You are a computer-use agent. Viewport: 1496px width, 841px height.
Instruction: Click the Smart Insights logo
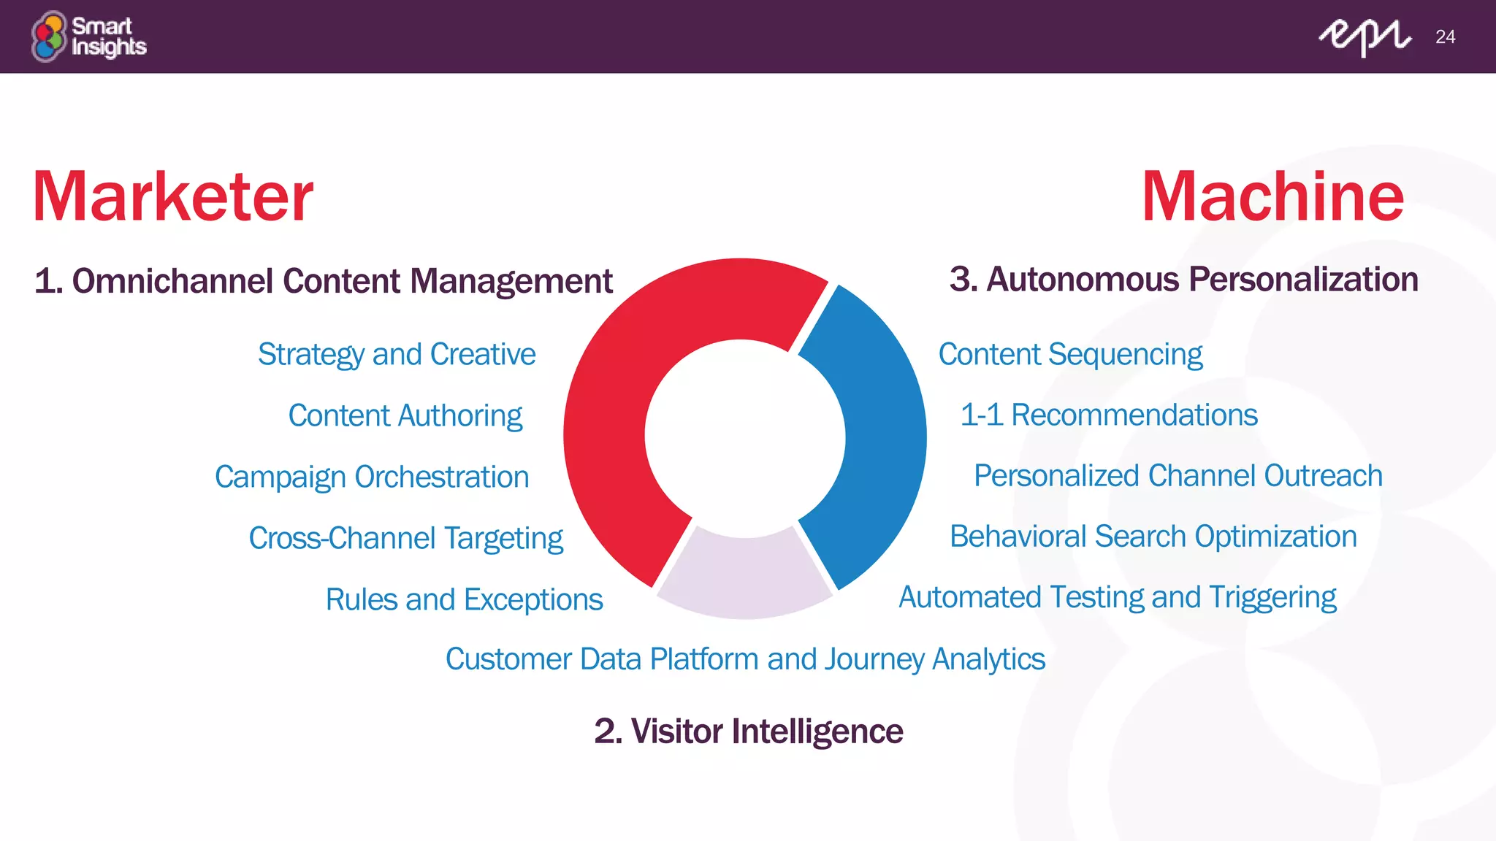click(x=88, y=37)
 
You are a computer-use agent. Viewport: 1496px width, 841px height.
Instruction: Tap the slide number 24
click(x=1445, y=37)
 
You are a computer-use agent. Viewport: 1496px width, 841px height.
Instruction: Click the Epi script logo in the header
click(x=1364, y=37)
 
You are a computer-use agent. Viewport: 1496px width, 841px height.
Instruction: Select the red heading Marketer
click(x=173, y=196)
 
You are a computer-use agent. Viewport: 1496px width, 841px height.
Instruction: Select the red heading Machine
click(x=1272, y=196)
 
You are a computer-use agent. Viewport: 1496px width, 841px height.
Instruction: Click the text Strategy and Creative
click(x=397, y=355)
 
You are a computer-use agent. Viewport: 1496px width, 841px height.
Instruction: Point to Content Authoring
click(x=405, y=416)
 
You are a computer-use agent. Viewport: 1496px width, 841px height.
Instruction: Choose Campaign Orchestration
click(x=372, y=477)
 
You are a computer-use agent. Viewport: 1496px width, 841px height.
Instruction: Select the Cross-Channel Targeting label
click(x=405, y=539)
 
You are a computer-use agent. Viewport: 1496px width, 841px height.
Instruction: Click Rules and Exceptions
click(x=464, y=600)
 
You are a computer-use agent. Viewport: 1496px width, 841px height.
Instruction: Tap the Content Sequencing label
click(x=1070, y=355)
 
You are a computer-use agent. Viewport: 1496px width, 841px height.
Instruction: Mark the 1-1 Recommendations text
click(x=1109, y=415)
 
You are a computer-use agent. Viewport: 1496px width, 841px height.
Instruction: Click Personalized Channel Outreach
click(x=1178, y=476)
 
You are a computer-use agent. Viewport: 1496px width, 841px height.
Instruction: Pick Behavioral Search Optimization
click(x=1153, y=537)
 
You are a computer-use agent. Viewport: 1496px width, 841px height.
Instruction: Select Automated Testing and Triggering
click(x=1118, y=597)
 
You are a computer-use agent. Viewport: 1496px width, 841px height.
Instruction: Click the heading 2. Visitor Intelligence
click(x=749, y=731)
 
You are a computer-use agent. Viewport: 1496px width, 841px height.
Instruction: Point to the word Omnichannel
click(x=172, y=282)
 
